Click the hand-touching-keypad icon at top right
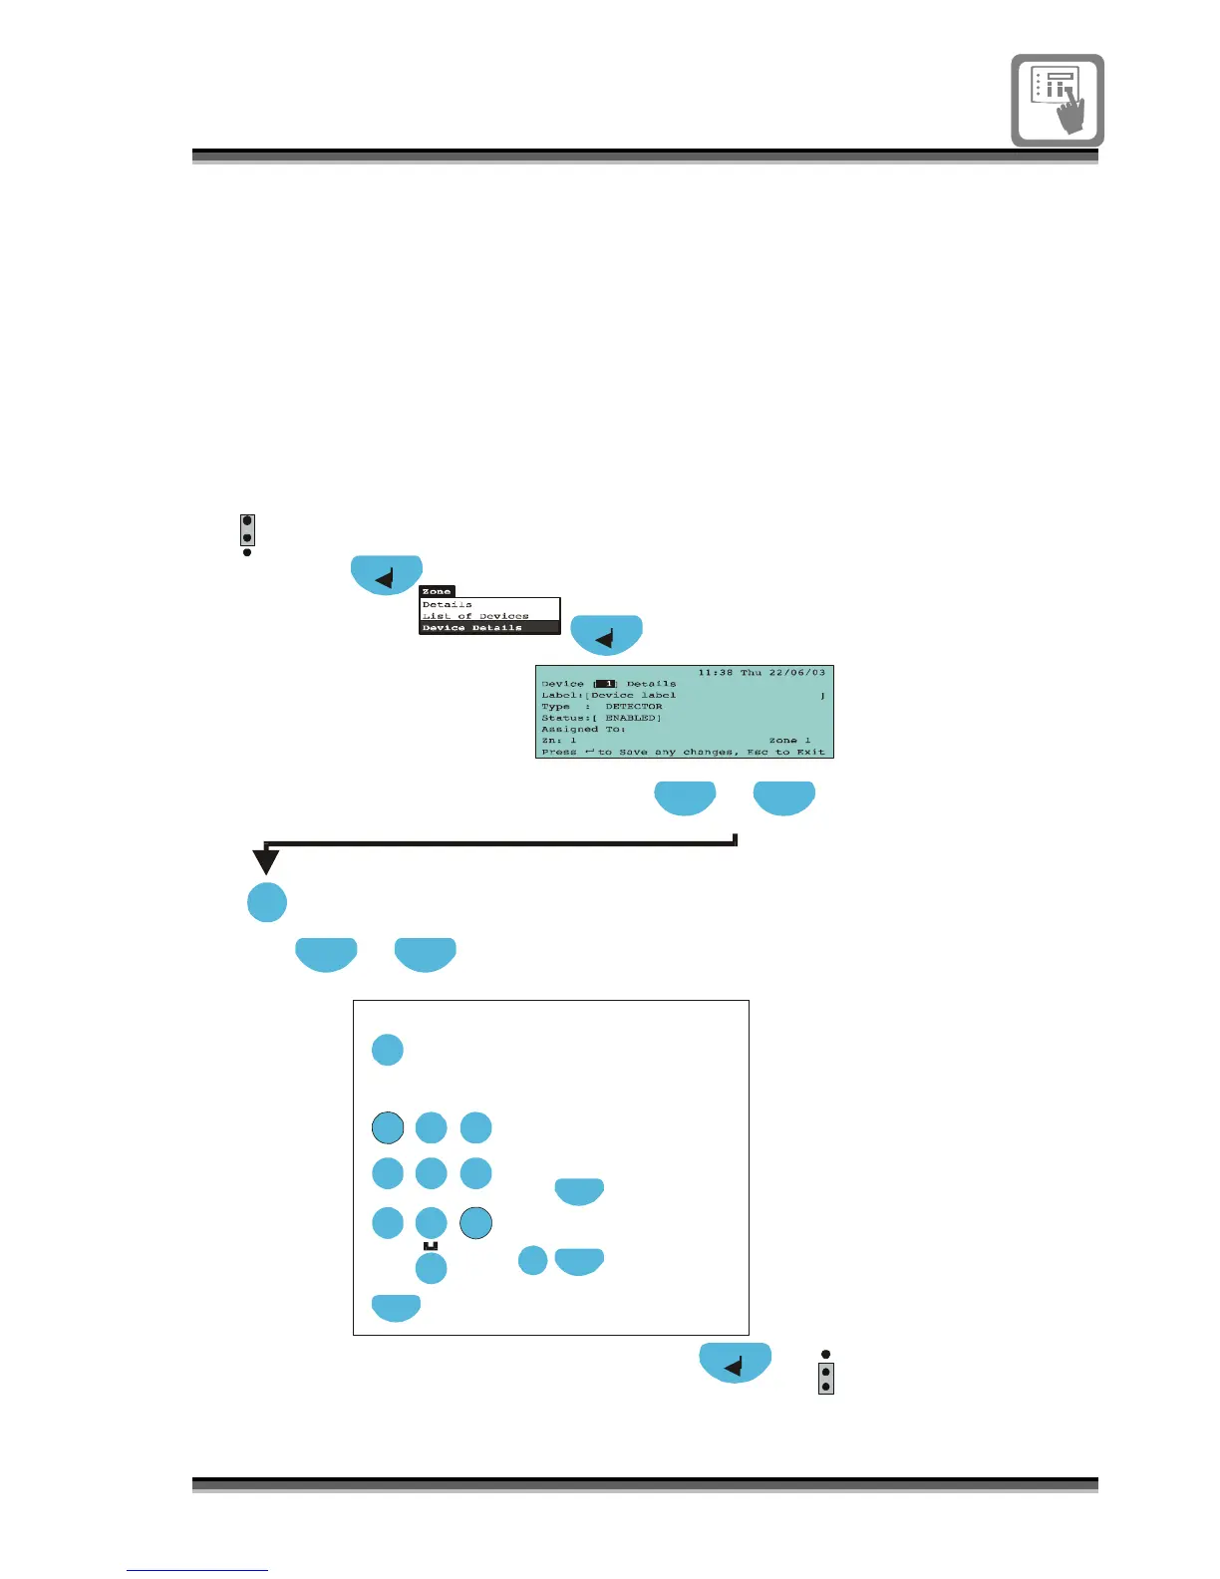(x=1058, y=101)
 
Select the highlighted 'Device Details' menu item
(x=471, y=628)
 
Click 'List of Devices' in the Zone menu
(x=475, y=616)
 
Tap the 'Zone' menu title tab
(x=437, y=591)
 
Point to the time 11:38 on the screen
(x=715, y=673)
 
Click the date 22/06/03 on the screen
(x=796, y=673)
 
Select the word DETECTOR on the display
(x=633, y=707)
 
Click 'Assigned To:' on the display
(x=583, y=730)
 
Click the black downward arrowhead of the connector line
(x=266, y=860)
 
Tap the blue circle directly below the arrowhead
(x=267, y=902)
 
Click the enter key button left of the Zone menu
(x=387, y=575)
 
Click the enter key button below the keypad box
(x=736, y=1363)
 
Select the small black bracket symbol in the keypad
(x=431, y=1246)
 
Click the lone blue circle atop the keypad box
(x=388, y=1050)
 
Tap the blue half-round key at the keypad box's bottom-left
(x=397, y=1307)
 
